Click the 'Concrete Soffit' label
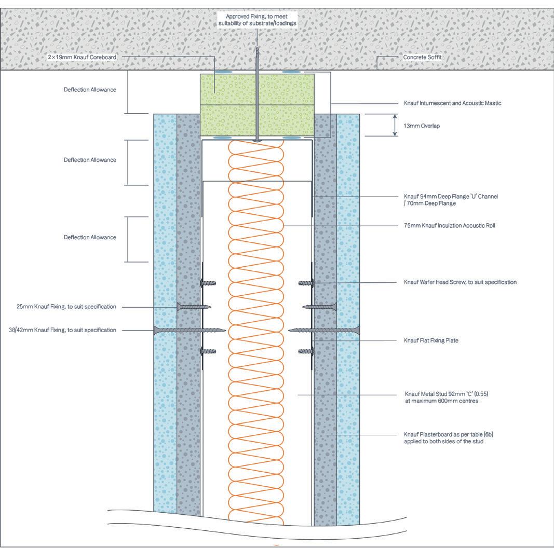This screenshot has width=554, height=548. point(423,57)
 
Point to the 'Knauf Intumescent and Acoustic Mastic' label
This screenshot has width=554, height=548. point(452,103)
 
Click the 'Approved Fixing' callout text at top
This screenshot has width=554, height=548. point(256,20)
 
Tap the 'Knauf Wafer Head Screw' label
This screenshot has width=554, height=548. point(460,282)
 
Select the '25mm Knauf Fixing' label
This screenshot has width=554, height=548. point(66,307)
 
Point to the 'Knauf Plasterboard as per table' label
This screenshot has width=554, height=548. point(448,437)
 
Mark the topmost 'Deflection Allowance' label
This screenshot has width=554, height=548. point(90,90)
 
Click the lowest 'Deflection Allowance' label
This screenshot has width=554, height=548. point(90,237)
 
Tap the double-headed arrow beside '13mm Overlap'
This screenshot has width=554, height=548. point(395,125)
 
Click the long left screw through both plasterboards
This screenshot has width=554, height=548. point(190,330)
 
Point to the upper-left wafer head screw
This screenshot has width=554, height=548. point(208,283)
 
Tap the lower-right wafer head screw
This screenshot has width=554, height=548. point(306,351)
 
